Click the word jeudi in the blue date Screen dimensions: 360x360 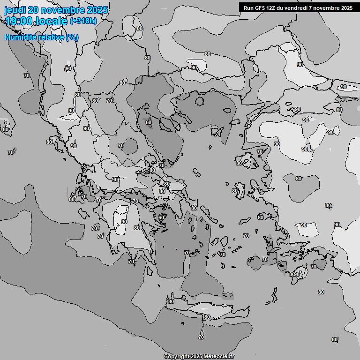pos(15,10)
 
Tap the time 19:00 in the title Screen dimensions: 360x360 pos(18,21)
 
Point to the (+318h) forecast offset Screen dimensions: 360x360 pos(83,21)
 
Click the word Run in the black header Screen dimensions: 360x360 pos(248,8)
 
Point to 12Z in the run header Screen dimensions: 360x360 pos(273,8)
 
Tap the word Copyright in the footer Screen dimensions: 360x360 pos(177,357)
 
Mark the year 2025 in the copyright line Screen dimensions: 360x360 pos(196,357)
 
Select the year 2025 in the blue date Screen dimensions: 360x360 pos(94,10)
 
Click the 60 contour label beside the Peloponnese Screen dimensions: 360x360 pos(161,217)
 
